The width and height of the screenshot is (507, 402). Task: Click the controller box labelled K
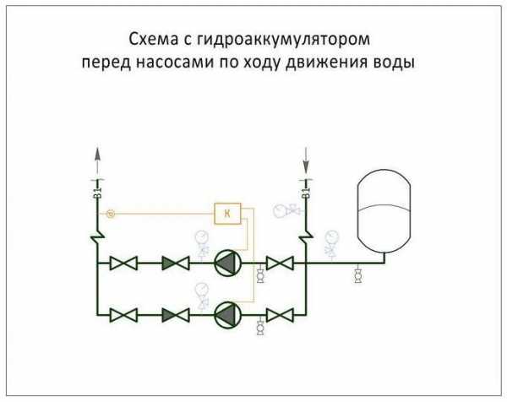pos(226,214)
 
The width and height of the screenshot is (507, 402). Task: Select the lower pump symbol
pos(226,314)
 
